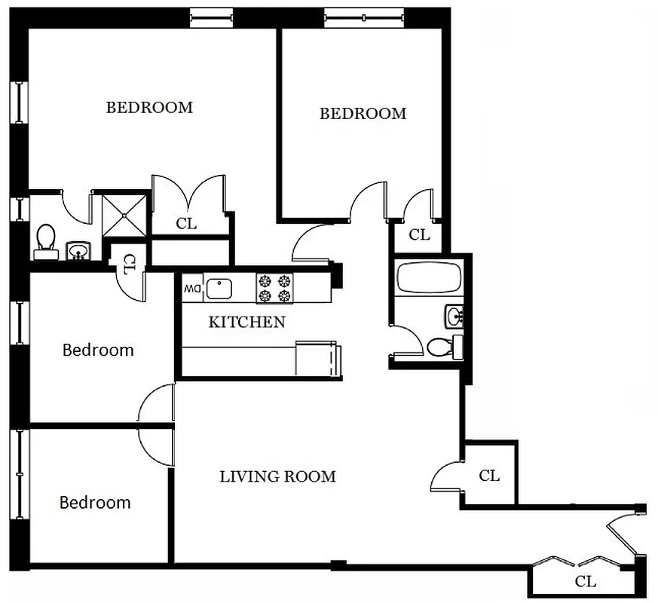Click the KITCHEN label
point(246,323)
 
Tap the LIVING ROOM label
point(277,476)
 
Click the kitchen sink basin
point(219,287)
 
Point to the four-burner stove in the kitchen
point(274,287)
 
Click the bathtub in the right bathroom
point(427,278)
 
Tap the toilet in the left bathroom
point(46,239)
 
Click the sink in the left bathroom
point(77,250)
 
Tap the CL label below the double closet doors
point(187,223)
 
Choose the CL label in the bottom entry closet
point(585,581)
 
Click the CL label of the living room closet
point(489,476)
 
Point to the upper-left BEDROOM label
point(149,107)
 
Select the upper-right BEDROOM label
point(363,113)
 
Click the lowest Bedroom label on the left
point(95,502)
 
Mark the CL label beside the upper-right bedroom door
point(419,234)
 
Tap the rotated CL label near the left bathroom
point(129,265)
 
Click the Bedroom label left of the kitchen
point(98,350)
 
